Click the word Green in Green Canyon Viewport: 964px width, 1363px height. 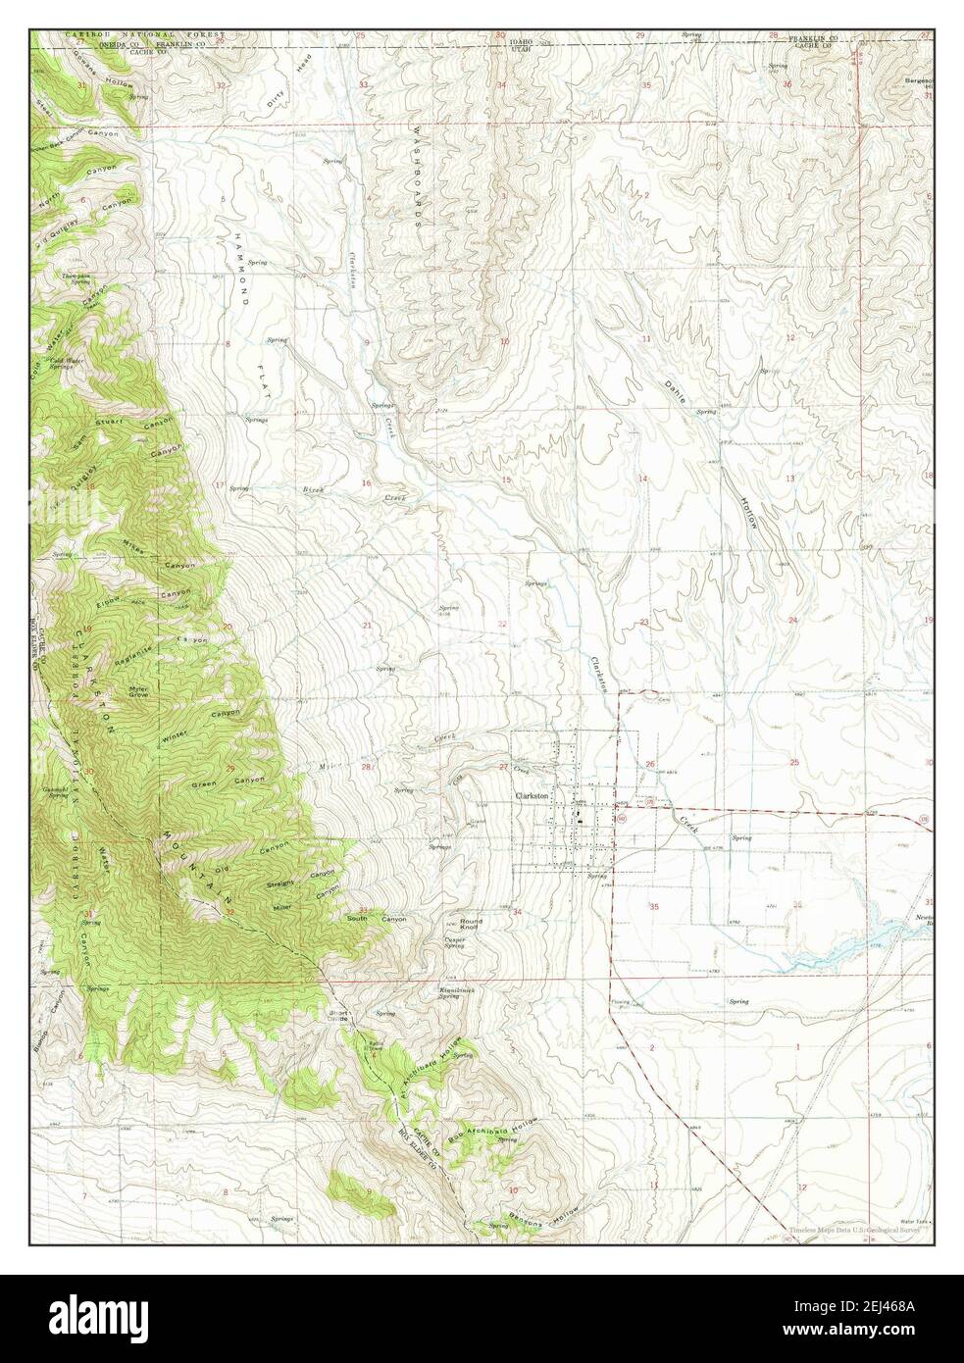coord(204,783)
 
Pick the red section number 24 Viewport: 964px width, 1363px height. coord(791,621)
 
